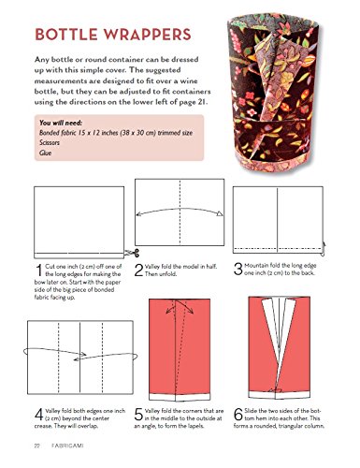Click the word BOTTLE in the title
(65, 35)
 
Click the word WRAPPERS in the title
(147, 35)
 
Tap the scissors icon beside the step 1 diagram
(132, 253)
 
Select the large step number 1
(39, 271)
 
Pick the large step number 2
(138, 271)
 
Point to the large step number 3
(238, 270)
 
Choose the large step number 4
(39, 415)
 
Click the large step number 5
(138, 415)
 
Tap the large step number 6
(238, 415)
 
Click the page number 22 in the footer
(37, 446)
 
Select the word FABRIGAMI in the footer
(67, 446)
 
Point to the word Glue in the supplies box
(46, 153)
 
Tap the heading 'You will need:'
(61, 123)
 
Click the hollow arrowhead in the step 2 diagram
(220, 213)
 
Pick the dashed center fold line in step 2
(180, 212)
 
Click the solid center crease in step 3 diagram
(278, 220)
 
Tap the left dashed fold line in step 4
(58, 357)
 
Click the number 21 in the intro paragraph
(201, 102)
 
